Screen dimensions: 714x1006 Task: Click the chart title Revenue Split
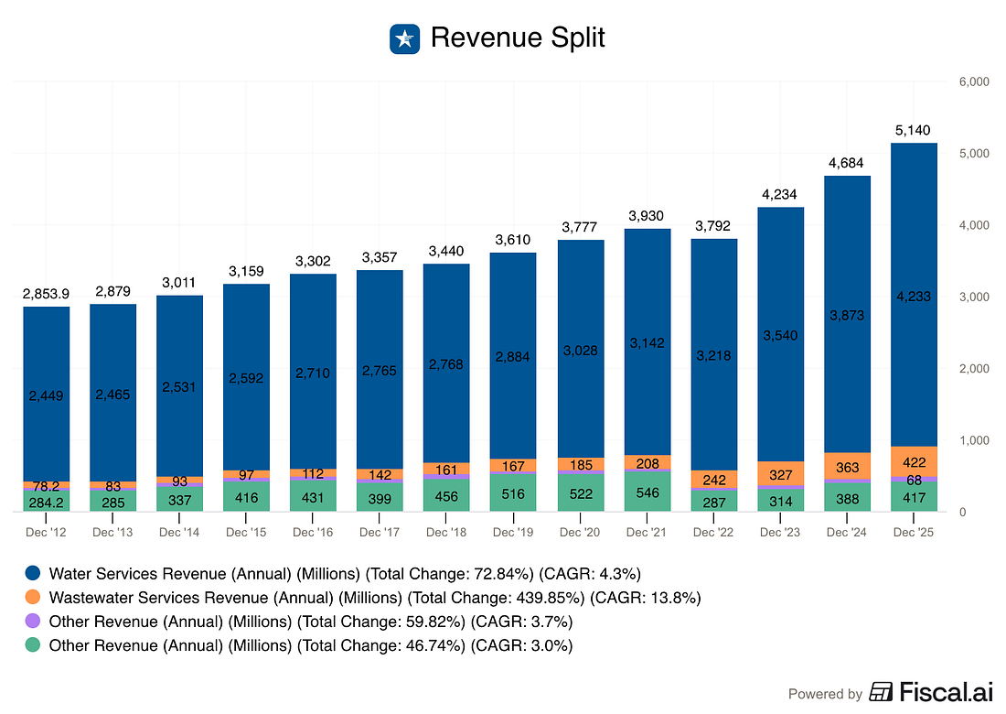[518, 38]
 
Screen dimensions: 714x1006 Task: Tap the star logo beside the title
[403, 38]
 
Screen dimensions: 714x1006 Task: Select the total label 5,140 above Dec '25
[912, 130]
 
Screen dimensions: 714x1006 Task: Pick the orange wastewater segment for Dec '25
[912, 461]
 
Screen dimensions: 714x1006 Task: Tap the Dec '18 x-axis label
[445, 532]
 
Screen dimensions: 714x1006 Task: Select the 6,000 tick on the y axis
[973, 81]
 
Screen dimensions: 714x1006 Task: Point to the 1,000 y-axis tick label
[973, 440]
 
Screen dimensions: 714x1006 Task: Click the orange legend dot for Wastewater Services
[33, 598]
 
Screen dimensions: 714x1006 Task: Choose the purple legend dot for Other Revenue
[33, 622]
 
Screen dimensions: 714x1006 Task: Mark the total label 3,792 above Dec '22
[712, 225]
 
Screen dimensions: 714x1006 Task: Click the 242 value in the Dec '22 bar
[712, 480]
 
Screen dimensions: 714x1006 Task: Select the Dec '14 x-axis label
[179, 532]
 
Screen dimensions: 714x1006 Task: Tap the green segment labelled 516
[512, 493]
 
